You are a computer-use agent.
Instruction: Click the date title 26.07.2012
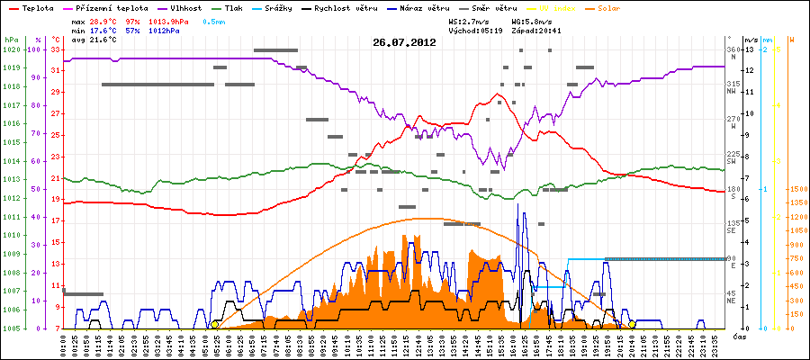click(404, 42)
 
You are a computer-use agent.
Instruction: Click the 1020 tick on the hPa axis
click(10, 49)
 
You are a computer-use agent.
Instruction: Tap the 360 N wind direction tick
click(732, 52)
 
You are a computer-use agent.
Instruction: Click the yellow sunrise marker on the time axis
click(214, 325)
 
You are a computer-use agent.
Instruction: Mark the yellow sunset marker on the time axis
click(632, 325)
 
